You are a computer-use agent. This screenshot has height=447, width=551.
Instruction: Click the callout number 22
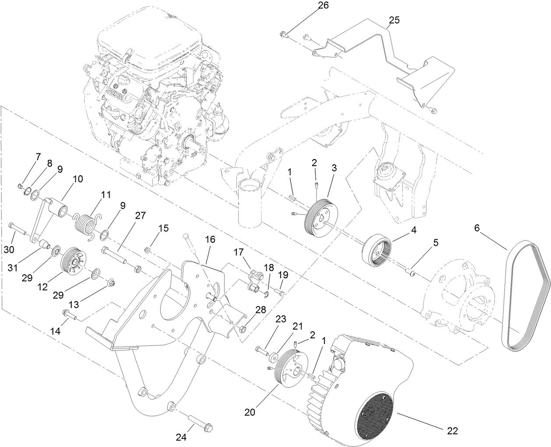tap(452, 431)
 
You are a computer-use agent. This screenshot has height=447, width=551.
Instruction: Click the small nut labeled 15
tap(148, 251)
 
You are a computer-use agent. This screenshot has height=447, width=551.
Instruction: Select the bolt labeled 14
tap(70, 314)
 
